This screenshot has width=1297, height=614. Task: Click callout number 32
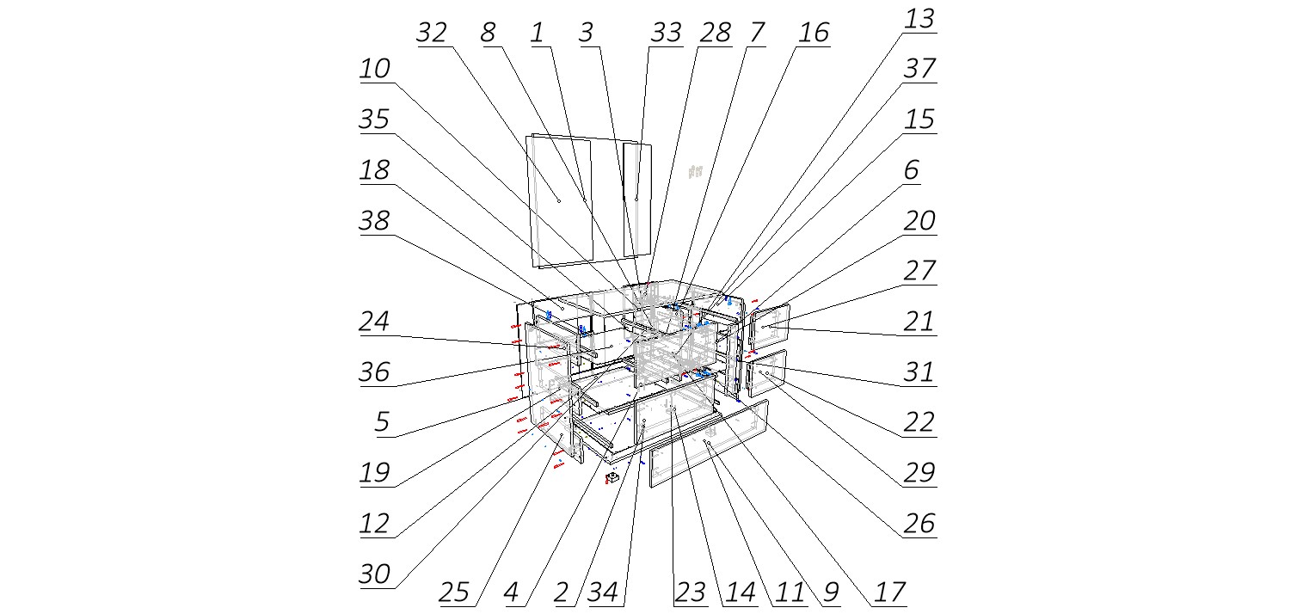tap(432, 33)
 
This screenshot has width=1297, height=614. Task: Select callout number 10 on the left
tap(375, 69)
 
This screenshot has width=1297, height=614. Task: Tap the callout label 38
tap(375, 221)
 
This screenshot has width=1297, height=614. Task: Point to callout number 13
tap(919, 19)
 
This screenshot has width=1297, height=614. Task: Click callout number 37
tap(919, 69)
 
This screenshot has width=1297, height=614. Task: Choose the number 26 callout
tap(919, 523)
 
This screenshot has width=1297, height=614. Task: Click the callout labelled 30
tap(375, 574)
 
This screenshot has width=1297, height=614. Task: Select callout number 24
tap(375, 322)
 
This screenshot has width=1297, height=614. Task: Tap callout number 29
tap(919, 472)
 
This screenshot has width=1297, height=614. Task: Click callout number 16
tap(814, 33)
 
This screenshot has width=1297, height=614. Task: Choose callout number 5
tap(381, 422)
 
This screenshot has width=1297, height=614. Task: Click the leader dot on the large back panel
tap(558, 200)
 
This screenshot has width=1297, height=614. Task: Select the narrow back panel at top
tap(636, 200)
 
